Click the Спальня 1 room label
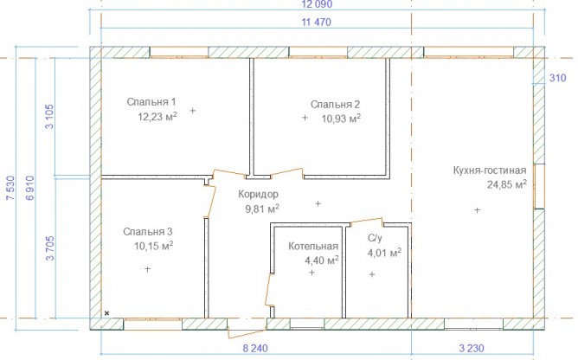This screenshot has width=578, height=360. pos(151,102)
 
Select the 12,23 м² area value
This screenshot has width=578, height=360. pos(157,117)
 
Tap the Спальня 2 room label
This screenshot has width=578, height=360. pos(335,105)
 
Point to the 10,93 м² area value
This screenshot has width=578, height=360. pos(341,119)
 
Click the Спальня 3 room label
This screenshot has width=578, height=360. pos(148,232)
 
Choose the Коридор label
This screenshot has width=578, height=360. pos(259,194)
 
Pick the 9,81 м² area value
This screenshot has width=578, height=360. pos(262,209)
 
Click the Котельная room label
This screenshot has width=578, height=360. pos(313,246)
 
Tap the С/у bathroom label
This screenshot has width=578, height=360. pos(375,238)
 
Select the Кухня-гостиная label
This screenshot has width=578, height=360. pos(490,170)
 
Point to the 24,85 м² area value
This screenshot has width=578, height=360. pos(507,184)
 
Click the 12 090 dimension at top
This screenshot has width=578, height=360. pos(317,4)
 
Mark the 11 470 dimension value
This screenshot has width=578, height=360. pos(317,22)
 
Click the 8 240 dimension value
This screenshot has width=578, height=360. pos(255,348)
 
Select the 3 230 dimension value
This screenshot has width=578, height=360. pos(472,348)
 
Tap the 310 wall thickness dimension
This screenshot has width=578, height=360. pos(558,78)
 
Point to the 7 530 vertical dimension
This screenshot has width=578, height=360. pos(10,188)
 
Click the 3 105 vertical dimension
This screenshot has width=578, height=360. pos(49,116)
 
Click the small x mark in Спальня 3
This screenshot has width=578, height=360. pos(107,313)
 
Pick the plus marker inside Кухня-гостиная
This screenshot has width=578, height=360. pos(477,210)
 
